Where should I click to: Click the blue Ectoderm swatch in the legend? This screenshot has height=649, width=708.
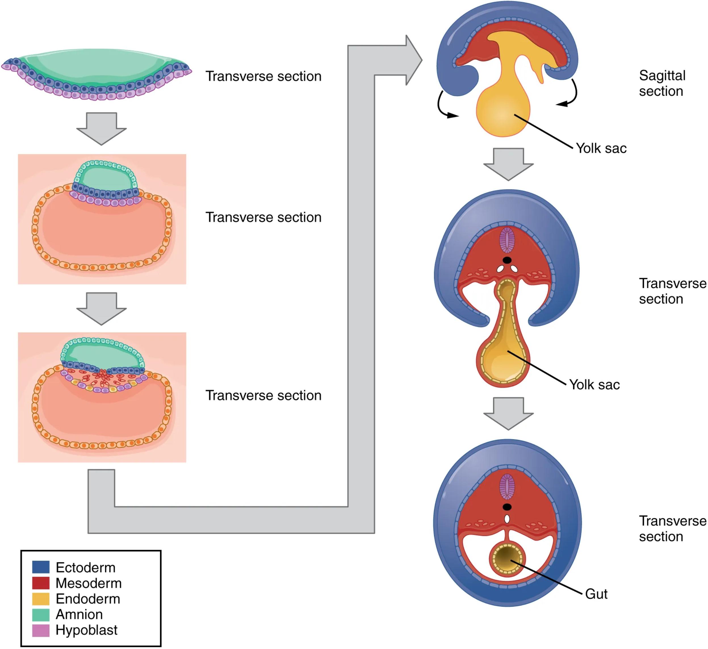click(41, 567)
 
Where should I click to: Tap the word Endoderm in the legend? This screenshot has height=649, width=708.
click(88, 598)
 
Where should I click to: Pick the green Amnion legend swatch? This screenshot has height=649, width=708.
click(41, 614)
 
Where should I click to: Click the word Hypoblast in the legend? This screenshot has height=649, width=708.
click(86, 630)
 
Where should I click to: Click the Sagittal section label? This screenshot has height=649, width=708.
click(662, 83)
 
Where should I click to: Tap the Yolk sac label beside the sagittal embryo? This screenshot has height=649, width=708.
click(601, 148)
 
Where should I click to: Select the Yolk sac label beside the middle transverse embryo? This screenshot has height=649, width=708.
click(594, 385)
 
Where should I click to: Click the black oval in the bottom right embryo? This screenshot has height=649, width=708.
click(507, 507)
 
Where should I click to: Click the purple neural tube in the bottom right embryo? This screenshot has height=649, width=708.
click(507, 487)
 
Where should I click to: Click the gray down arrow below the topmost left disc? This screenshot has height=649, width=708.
click(102, 128)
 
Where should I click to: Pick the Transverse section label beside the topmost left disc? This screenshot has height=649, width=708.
click(263, 76)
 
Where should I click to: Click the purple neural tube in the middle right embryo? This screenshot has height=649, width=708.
click(507, 240)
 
